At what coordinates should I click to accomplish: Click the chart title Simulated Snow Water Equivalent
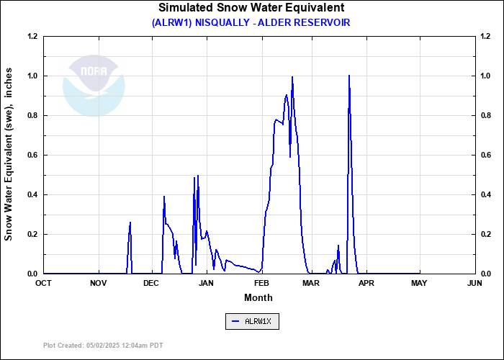[251, 8]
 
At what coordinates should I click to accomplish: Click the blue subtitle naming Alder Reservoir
[251, 22]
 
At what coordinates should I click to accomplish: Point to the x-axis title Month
[258, 297]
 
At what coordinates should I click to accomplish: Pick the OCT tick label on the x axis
[44, 284]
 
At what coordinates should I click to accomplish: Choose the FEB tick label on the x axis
[261, 284]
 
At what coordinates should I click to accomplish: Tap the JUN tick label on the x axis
[474, 284]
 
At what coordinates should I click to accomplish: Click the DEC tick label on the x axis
[151, 284]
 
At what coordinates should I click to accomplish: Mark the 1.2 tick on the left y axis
[32, 36]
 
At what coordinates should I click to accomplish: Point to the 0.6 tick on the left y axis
[32, 155]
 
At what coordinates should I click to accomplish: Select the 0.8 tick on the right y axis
[487, 115]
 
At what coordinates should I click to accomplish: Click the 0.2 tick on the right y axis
[487, 234]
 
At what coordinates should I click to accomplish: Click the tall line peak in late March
[349, 76]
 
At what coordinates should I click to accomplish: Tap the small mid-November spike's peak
[130, 222]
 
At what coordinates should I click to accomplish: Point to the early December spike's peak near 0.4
[164, 197]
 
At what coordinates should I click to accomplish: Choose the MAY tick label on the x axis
[420, 284]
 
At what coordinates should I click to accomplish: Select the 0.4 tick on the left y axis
[32, 194]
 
